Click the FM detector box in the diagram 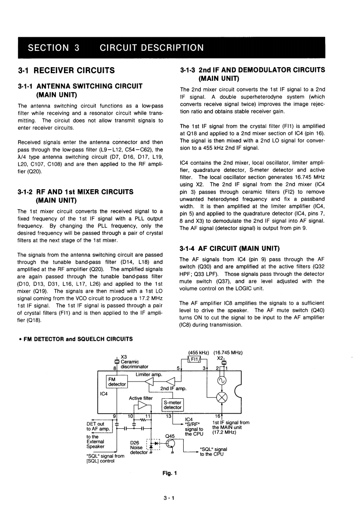click(116, 382)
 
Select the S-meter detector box click(172, 405)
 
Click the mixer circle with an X click(222, 398)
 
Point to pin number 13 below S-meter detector click(169, 416)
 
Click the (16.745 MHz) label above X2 click(228, 352)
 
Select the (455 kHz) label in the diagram click(198, 352)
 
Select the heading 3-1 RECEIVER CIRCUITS click(66, 70)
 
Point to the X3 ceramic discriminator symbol click(117, 362)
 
